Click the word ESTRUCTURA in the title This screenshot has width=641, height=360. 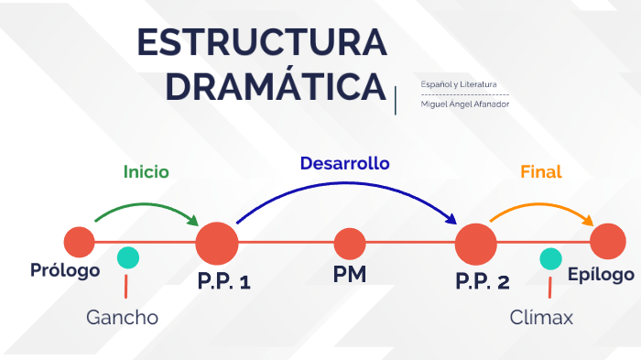tap(261, 43)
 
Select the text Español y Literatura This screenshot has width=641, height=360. tap(459, 85)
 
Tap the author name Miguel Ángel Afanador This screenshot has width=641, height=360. tap(464, 104)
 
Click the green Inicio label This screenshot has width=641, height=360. tap(147, 171)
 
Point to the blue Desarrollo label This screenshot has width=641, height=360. tap(344, 163)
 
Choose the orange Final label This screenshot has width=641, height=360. tap(540, 171)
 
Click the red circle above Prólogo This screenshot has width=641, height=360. tap(79, 243)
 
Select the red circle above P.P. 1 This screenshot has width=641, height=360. tap(217, 244)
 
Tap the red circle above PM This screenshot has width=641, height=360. tap(349, 244)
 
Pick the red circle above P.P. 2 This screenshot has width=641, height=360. tap(476, 244)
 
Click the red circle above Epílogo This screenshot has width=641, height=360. tap(607, 243)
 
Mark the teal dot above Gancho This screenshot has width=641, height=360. tap(128, 258)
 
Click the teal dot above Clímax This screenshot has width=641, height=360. tap(550, 259)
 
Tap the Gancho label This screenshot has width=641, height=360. tap(122, 318)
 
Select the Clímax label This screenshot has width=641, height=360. tap(541, 318)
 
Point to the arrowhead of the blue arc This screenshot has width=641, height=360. tap(451, 219)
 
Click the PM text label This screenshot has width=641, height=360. tap(349, 274)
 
